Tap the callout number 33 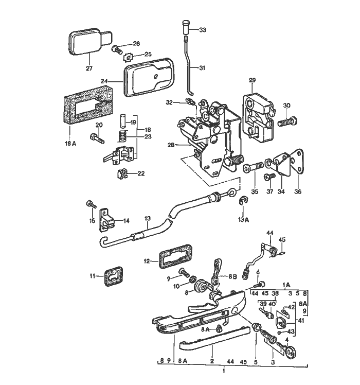(x=202, y=30)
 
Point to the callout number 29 (x=252, y=81)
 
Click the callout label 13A (x=243, y=219)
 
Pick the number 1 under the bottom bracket (x=223, y=371)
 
